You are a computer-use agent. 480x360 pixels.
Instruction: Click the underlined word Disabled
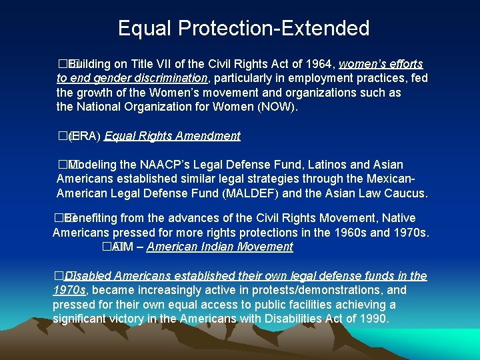pos(89,276)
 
